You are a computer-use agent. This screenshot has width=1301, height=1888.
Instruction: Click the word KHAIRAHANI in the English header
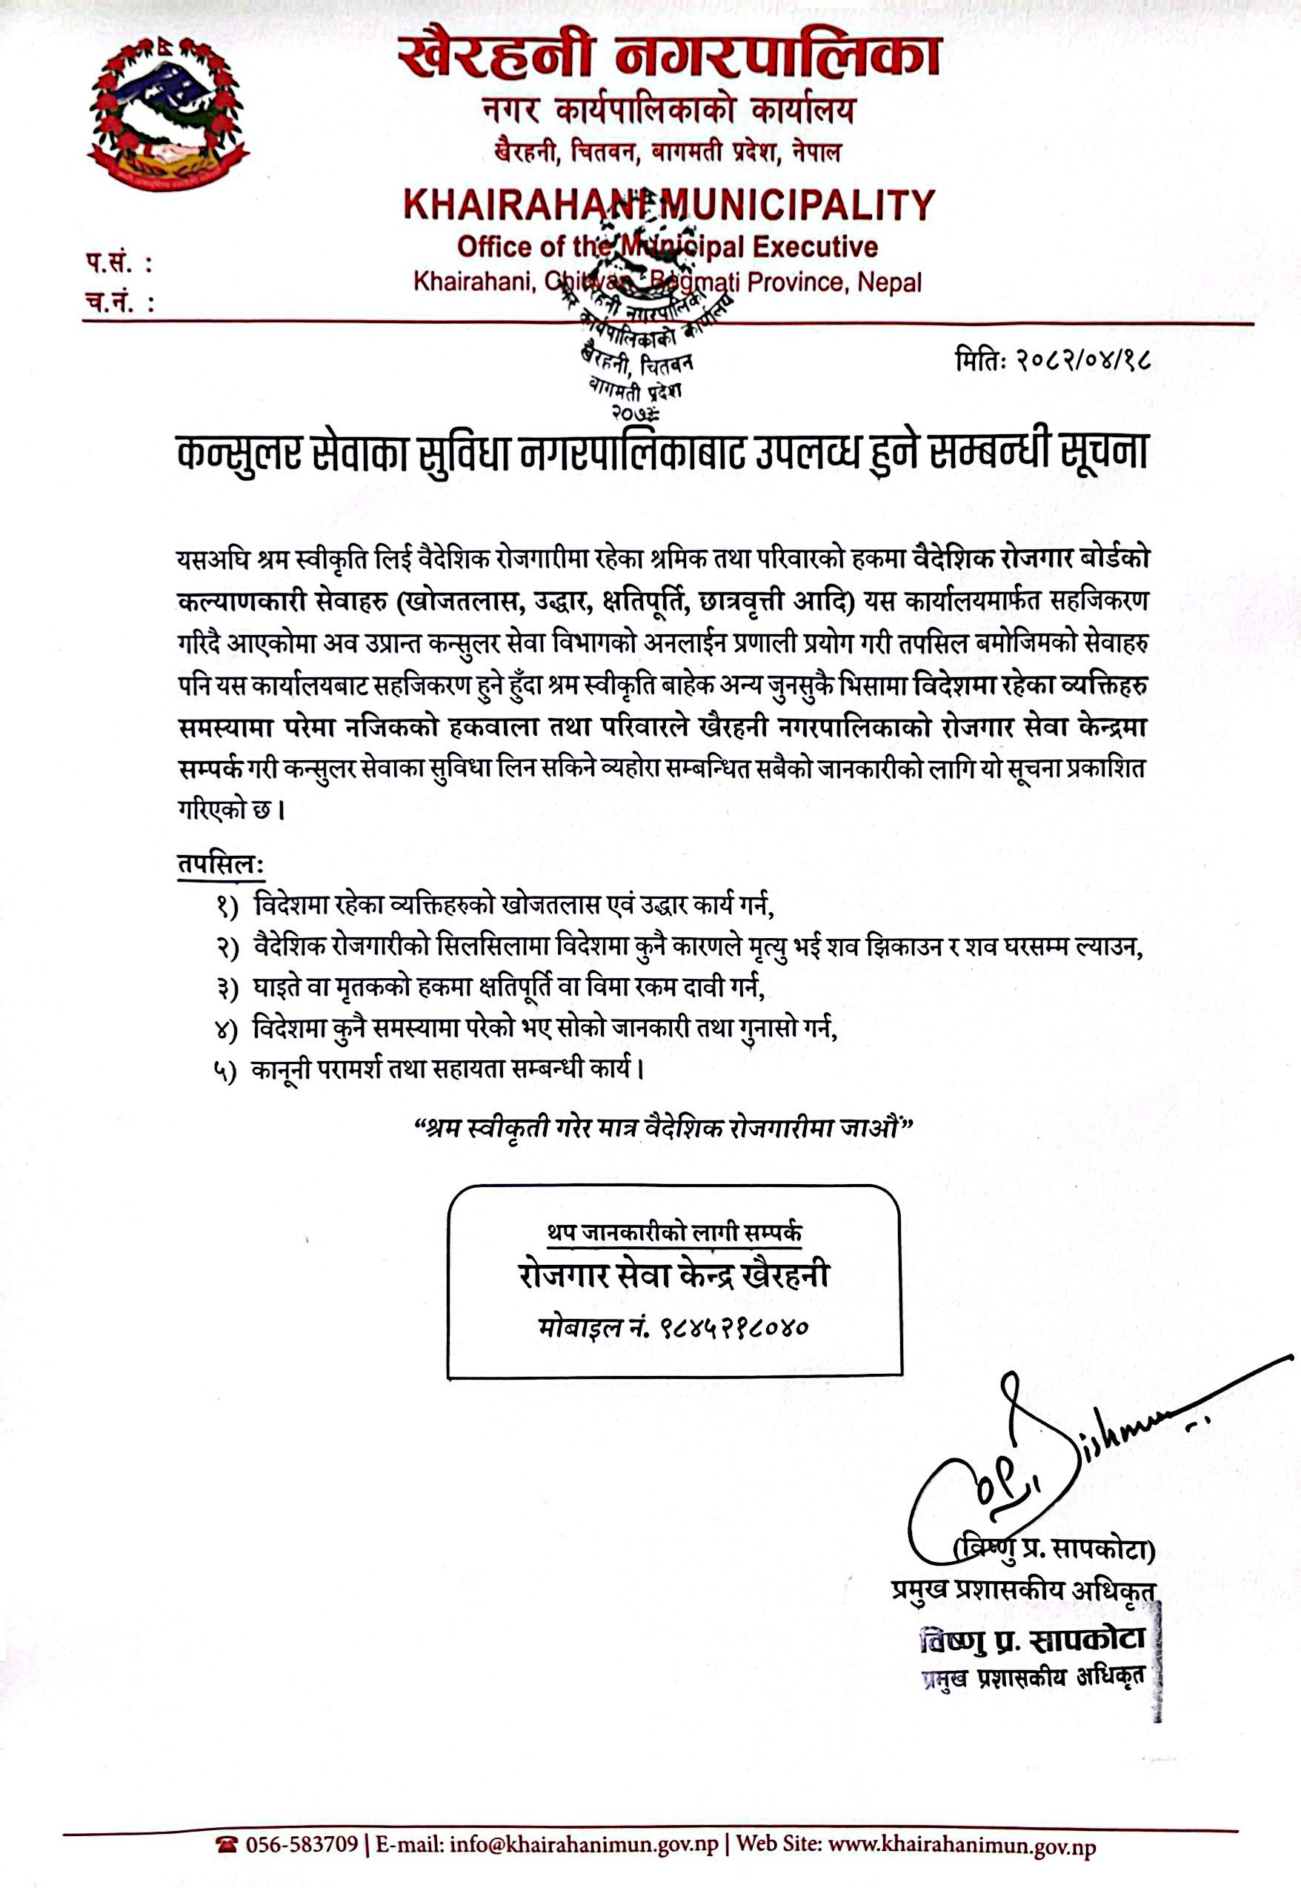[525, 205]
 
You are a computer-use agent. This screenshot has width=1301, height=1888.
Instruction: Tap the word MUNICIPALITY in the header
[796, 205]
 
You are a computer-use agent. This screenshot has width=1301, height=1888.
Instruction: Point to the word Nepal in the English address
[889, 283]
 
